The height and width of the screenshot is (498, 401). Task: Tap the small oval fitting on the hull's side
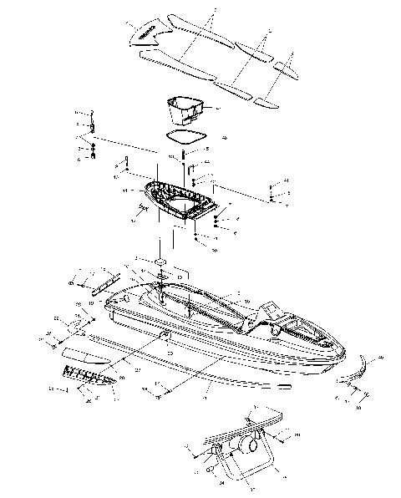pos(165,335)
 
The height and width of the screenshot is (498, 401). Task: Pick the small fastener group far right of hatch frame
pos(272,193)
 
